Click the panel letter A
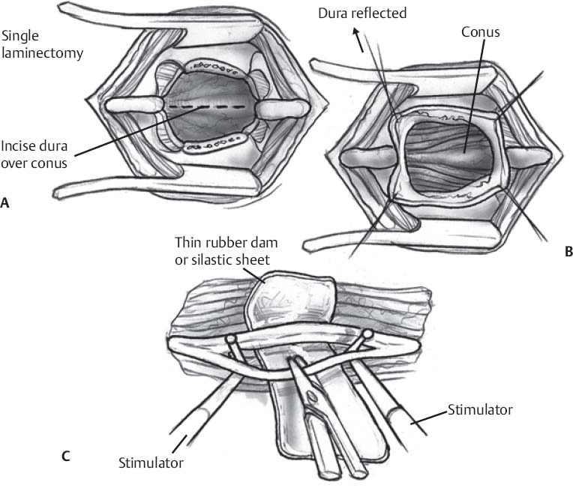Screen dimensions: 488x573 pyautogui.click(x=6, y=202)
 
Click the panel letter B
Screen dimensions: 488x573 pyautogui.click(x=568, y=253)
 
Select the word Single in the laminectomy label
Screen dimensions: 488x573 pyautogui.click(x=19, y=35)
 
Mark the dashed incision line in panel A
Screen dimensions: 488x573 pyautogui.click(x=199, y=108)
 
